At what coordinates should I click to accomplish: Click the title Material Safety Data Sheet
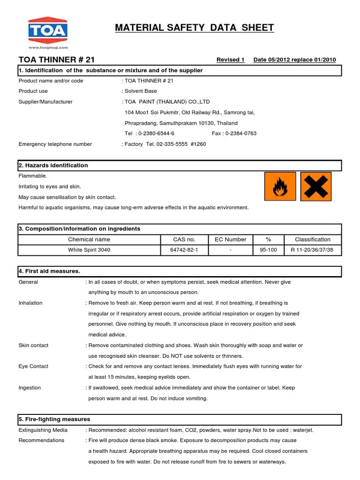[195, 28]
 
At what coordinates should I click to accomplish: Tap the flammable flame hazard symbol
[280, 186]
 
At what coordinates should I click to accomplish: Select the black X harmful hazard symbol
[315, 186]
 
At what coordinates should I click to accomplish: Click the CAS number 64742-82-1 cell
[184, 250]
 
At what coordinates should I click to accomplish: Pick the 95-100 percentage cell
[269, 250]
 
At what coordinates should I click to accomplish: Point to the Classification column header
[312, 239]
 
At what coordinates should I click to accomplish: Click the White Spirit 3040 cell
[89, 250]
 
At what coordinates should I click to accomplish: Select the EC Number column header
[230, 239]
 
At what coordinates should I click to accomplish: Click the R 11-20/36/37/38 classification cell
[312, 250]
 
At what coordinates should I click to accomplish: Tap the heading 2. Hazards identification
[53, 165]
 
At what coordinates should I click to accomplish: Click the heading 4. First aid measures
[49, 271]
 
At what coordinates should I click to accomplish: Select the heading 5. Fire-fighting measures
[54, 419]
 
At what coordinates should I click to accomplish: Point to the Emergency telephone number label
[55, 144]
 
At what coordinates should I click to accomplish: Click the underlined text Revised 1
[230, 60]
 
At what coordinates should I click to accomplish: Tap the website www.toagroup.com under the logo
[48, 47]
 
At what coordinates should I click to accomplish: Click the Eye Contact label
[33, 367]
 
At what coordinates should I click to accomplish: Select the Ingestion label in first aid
[30, 388]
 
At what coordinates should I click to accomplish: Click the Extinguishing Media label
[43, 430]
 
